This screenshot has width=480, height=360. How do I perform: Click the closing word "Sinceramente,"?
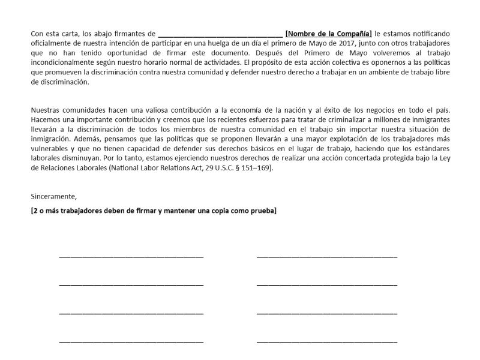[54, 196]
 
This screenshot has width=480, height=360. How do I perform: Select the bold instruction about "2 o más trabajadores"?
[154, 211]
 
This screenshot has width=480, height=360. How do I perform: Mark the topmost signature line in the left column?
[131, 256]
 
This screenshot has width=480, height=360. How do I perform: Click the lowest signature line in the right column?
[326, 341]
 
